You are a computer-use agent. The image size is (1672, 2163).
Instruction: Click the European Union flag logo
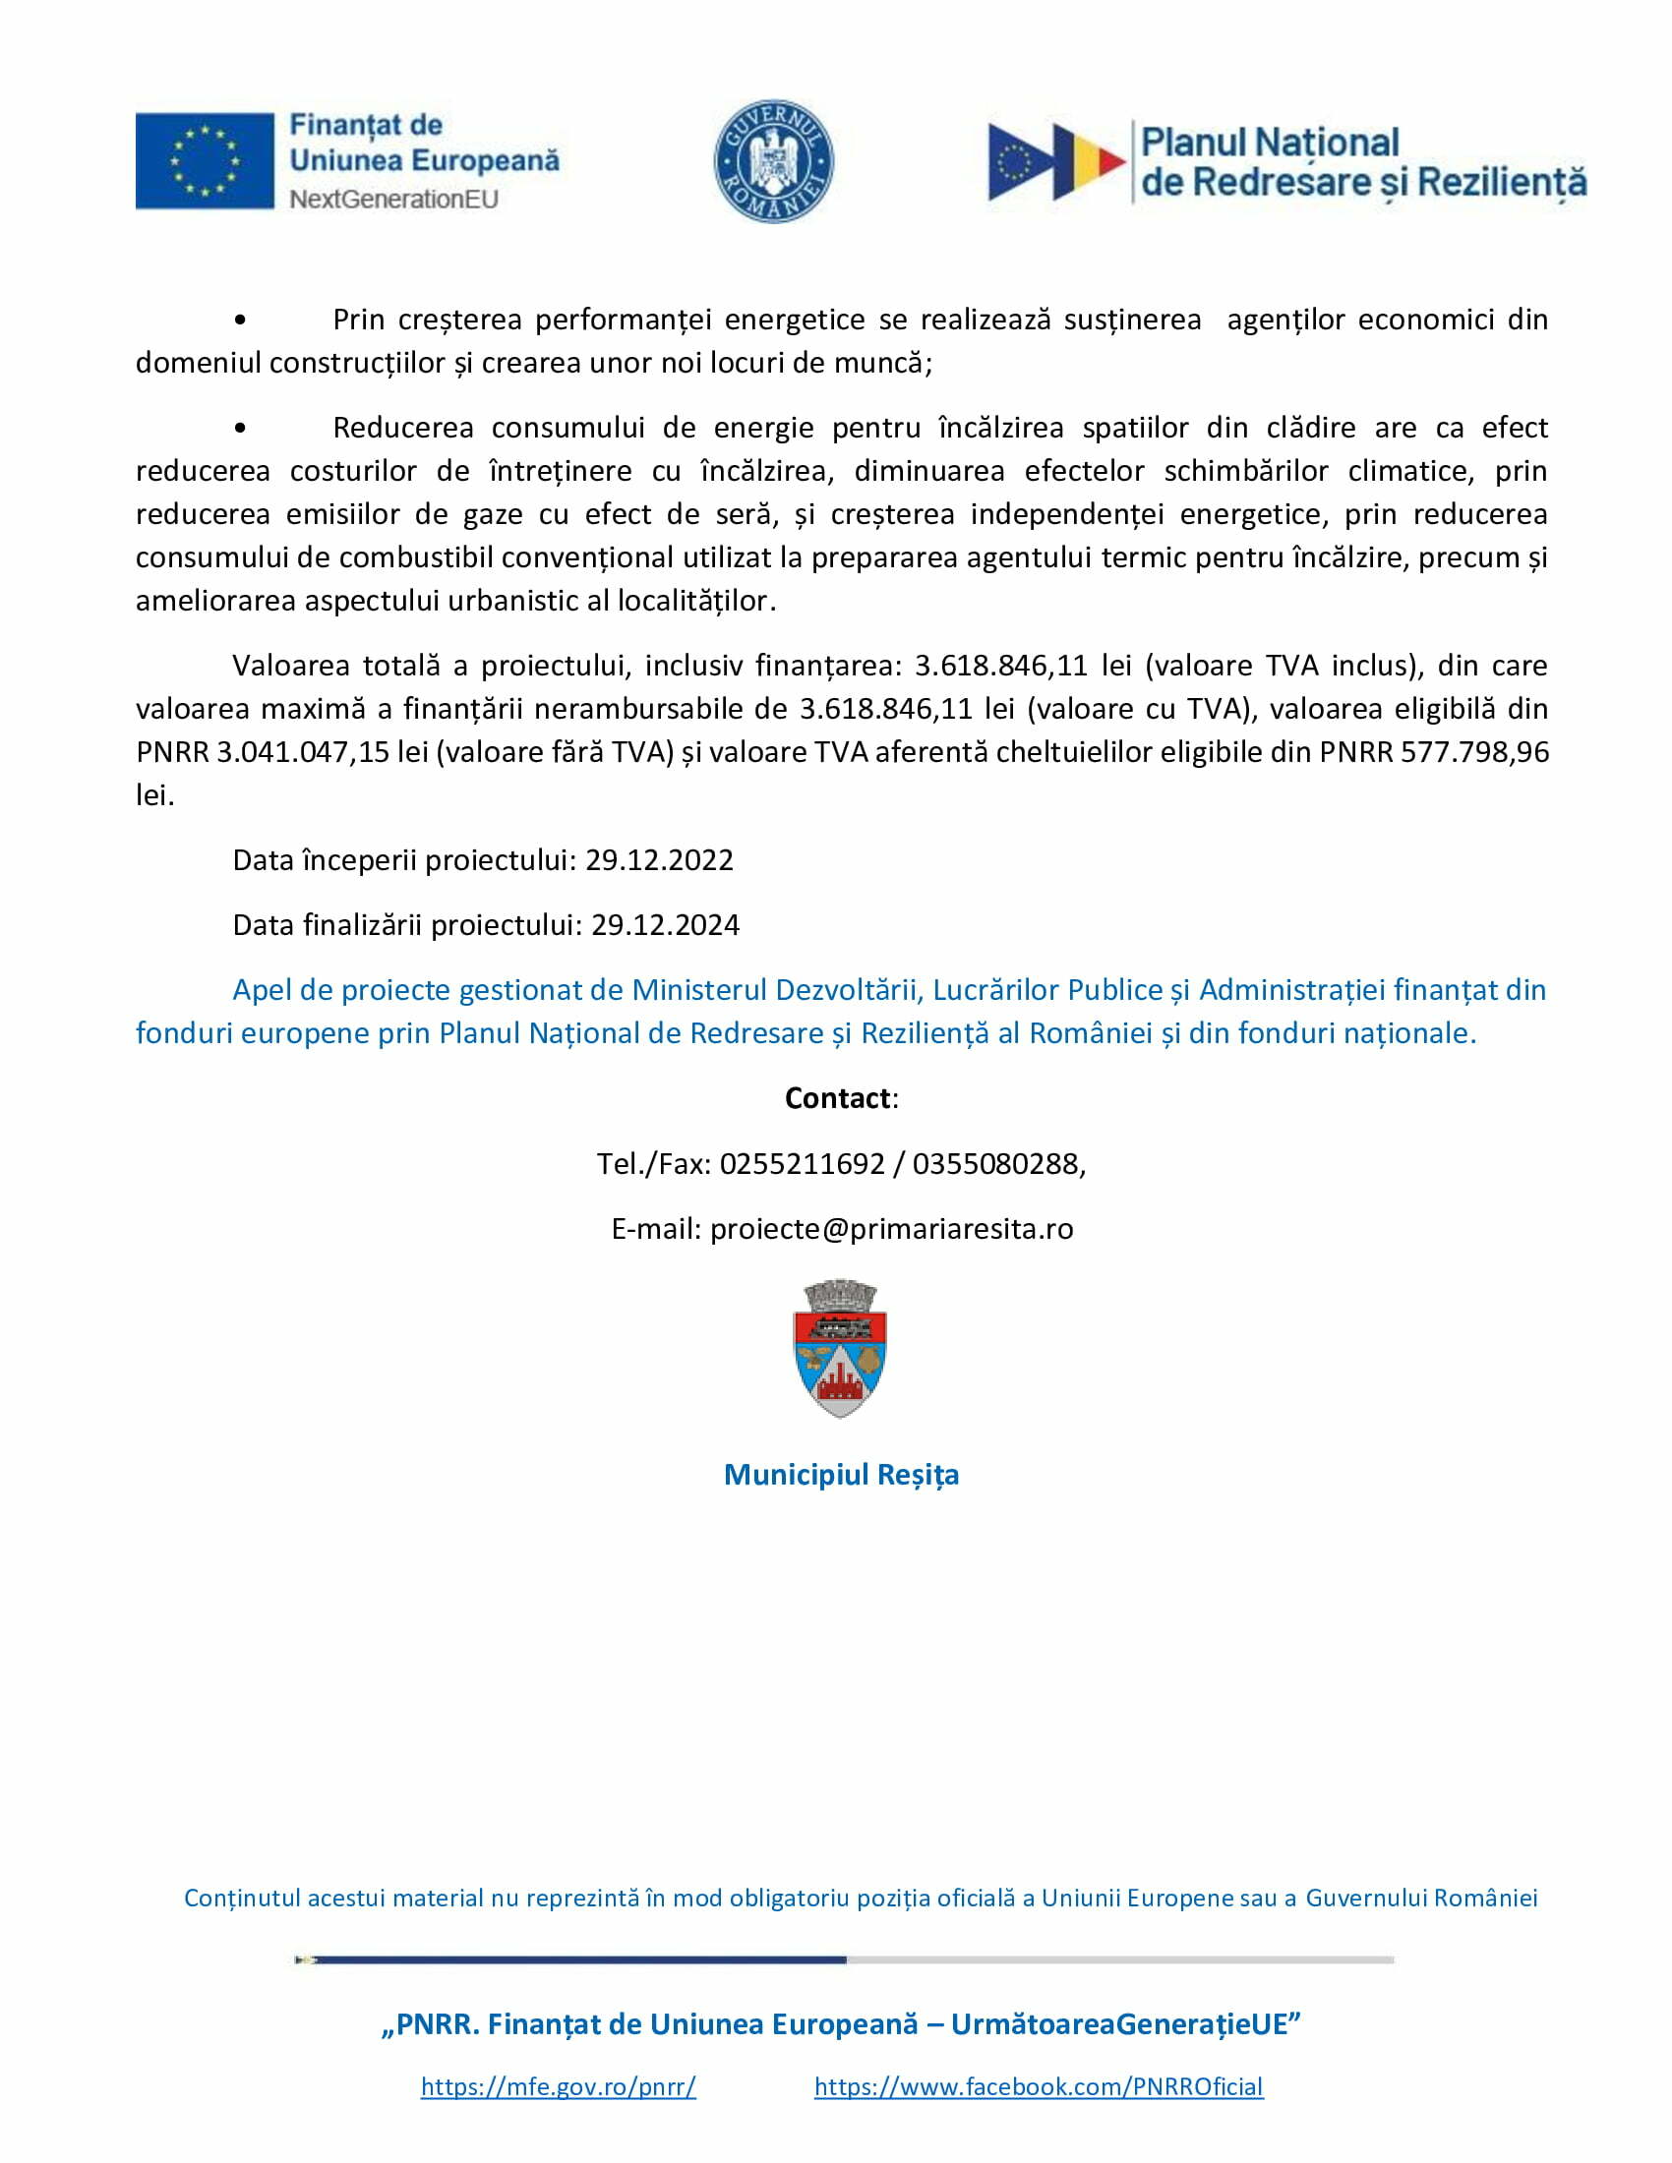point(204,160)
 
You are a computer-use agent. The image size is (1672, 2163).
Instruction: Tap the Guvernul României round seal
point(774,160)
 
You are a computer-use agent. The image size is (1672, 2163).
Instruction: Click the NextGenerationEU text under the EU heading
point(393,199)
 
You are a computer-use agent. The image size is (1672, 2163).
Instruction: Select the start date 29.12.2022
point(659,859)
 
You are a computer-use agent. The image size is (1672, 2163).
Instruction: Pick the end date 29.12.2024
point(665,925)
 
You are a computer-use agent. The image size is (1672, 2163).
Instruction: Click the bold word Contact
point(838,1097)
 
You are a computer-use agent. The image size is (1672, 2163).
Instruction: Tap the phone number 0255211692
point(802,1163)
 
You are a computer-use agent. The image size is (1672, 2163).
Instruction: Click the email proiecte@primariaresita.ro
point(891,1228)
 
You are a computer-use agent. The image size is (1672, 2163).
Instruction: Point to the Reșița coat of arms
point(840,1348)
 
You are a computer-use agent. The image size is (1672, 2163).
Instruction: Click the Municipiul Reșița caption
point(841,1475)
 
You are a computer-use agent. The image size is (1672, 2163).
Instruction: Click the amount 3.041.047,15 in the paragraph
point(303,752)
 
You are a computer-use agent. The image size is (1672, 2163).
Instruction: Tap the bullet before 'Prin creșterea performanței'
point(240,320)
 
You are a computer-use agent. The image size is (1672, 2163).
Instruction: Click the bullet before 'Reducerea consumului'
point(240,428)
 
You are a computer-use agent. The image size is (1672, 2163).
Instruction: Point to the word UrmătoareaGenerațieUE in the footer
point(1119,2023)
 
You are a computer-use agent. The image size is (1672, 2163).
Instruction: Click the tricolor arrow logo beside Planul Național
point(1056,161)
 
